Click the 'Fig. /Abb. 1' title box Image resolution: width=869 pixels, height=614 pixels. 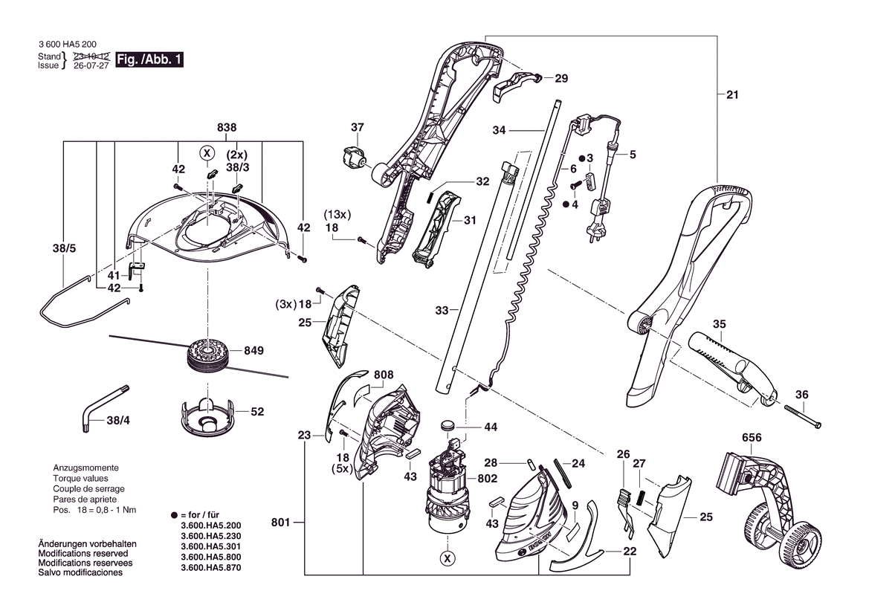pos(149,59)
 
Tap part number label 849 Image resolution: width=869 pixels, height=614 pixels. pos(253,350)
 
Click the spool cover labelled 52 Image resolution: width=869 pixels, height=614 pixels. pos(207,417)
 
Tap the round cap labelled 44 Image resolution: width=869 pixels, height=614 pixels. pos(448,426)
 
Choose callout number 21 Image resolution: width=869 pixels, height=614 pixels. pos(733,94)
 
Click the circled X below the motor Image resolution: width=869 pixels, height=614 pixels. pos(448,558)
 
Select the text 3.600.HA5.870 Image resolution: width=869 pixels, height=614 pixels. pos(211,567)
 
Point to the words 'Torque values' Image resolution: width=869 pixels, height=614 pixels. pos(80,478)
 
